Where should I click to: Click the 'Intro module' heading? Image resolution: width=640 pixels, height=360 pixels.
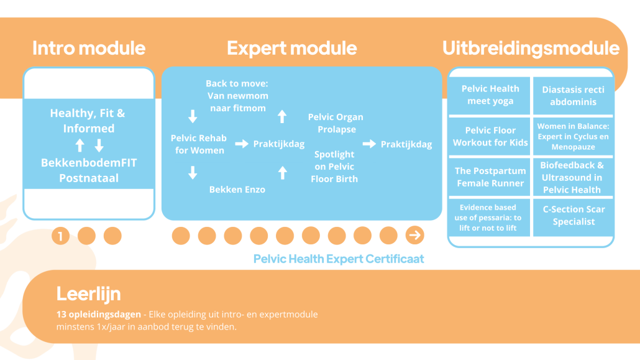tap(89, 48)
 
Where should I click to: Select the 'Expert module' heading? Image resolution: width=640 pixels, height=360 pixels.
tap(292, 48)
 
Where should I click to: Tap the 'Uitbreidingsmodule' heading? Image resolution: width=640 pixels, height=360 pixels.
tap(531, 48)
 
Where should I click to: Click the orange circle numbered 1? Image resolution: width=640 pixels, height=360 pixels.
tap(60, 236)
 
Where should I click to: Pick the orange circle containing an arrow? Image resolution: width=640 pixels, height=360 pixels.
tap(414, 236)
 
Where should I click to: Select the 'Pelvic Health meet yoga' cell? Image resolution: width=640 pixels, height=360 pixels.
tap(490, 95)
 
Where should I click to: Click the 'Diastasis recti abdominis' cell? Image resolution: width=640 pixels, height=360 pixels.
tap(573, 96)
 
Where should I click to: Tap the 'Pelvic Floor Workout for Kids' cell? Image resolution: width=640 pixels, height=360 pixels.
tap(490, 137)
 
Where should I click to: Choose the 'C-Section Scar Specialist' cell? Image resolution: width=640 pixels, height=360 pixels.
tap(573, 216)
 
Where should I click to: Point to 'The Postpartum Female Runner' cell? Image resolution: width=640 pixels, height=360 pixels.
tap(490, 177)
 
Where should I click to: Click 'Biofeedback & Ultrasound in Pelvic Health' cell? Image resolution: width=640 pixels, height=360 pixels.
tap(573, 177)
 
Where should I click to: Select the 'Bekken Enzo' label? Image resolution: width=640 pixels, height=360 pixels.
tap(237, 190)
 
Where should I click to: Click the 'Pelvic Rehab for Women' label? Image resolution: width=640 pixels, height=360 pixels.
tap(199, 144)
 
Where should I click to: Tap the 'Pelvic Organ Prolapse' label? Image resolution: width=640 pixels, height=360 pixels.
tap(336, 123)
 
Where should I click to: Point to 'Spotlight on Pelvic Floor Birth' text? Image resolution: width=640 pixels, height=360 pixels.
tap(334, 167)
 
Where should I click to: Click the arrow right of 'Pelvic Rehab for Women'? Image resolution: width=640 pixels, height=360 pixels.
tap(242, 144)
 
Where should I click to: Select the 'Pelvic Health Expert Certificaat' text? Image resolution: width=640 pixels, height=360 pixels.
tap(339, 259)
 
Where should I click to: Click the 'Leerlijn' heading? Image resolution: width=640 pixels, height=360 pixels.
tap(89, 294)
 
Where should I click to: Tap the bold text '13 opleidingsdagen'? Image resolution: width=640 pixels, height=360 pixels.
tap(98, 315)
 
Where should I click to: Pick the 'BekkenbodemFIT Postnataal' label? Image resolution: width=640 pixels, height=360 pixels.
tap(89, 170)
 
